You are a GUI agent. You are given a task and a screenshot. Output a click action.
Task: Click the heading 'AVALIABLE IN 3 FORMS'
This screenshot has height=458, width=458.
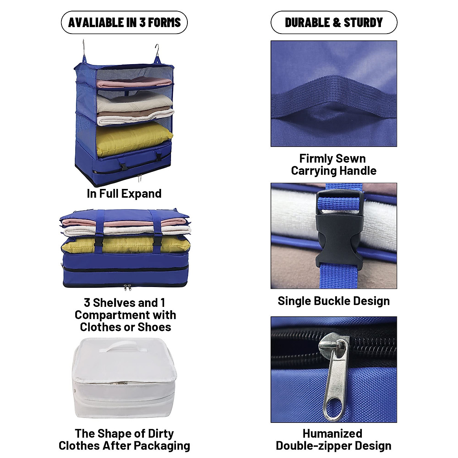124,23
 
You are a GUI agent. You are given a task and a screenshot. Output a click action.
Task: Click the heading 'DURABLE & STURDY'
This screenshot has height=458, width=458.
334,23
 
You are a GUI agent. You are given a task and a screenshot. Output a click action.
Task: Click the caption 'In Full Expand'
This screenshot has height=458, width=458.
124,194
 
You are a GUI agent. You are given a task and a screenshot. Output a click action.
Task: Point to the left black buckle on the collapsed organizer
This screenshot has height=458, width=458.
99,242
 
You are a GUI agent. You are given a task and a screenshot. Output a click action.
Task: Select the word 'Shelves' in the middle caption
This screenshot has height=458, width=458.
114,303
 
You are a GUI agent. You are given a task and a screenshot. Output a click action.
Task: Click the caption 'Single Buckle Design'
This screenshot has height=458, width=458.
334,301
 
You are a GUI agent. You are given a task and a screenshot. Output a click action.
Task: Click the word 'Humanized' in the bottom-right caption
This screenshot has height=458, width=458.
332,434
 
